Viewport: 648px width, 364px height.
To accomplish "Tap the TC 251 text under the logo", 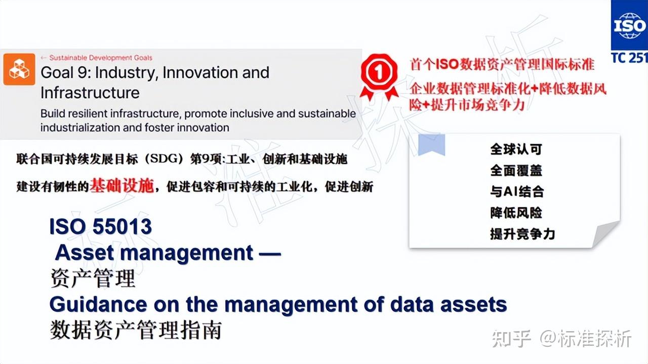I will pyautogui.click(x=629, y=57).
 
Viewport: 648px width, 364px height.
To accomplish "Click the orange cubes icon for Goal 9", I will pyautogui.click(x=19, y=69).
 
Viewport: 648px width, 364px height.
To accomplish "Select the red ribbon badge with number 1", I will pyautogui.click(x=379, y=76).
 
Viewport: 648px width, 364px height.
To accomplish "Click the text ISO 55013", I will pyautogui.click(x=100, y=226).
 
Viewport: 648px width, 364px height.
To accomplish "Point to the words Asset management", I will pyautogui.click(x=154, y=252).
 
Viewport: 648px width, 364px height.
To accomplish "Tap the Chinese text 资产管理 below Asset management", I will pyautogui.click(x=93, y=279).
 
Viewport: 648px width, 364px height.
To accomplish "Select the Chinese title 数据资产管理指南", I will pyautogui.click(x=136, y=331).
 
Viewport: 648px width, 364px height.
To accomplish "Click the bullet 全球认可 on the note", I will pyautogui.click(x=515, y=149).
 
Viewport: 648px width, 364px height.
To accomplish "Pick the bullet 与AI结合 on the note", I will pyautogui.click(x=516, y=192).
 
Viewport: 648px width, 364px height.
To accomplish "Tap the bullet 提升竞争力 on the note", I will pyautogui.click(x=522, y=234).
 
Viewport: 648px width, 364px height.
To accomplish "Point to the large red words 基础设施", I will pyautogui.click(x=121, y=187).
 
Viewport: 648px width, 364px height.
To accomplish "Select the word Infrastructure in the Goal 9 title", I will pyautogui.click(x=90, y=93).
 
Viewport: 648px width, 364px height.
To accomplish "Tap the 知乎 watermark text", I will pyautogui.click(x=511, y=339).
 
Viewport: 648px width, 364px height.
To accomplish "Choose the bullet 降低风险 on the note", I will pyautogui.click(x=515, y=213).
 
